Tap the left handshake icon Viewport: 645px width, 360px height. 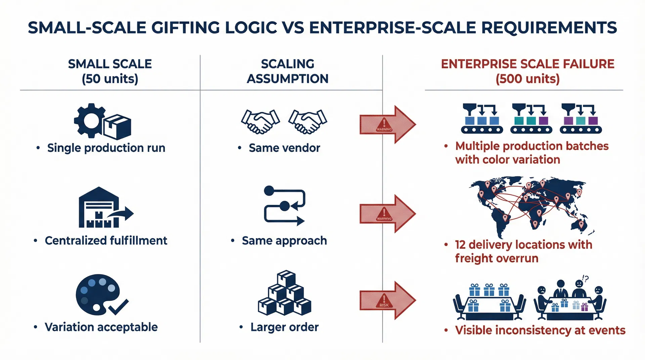(x=260, y=121)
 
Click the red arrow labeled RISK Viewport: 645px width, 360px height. (x=387, y=300)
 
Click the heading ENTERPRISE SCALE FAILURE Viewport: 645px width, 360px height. (x=527, y=64)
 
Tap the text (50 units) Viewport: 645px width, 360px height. (x=110, y=79)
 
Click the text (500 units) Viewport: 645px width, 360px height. (x=527, y=79)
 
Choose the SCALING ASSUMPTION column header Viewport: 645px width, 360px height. (x=288, y=71)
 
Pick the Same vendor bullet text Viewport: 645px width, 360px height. (x=284, y=148)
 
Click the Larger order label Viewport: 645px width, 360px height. (x=284, y=327)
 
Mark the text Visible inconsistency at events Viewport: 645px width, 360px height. (x=540, y=330)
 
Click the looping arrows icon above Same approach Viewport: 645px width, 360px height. (x=284, y=206)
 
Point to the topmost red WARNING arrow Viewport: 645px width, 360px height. (x=387, y=124)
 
